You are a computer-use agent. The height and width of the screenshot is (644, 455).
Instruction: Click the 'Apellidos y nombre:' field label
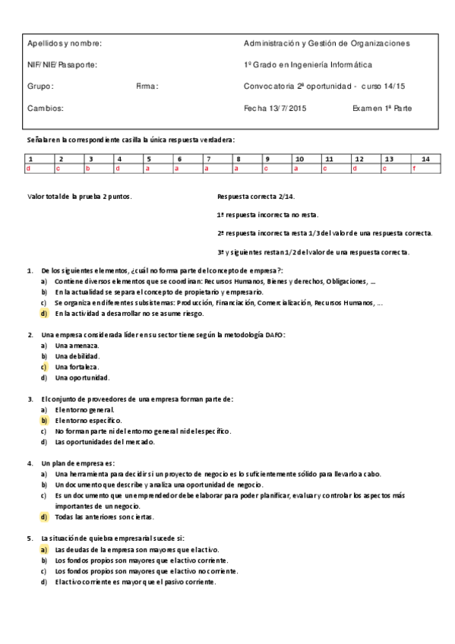click(x=65, y=43)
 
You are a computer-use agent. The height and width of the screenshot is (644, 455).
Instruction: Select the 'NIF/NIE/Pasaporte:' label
click(x=62, y=65)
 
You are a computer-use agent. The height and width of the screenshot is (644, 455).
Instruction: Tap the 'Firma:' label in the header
click(x=147, y=87)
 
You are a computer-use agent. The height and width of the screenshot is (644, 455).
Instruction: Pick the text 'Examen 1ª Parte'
click(x=382, y=109)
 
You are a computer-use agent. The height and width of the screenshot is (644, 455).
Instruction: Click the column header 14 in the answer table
click(x=425, y=159)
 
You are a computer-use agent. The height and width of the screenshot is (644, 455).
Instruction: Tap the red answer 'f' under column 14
click(x=414, y=168)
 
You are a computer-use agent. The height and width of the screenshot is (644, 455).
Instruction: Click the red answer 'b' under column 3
click(x=87, y=168)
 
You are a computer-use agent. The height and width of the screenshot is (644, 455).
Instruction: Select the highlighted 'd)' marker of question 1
click(x=45, y=313)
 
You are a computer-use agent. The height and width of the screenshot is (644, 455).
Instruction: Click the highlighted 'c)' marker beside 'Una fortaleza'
click(x=45, y=367)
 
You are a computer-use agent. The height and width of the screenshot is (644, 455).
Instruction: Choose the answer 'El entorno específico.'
click(x=88, y=420)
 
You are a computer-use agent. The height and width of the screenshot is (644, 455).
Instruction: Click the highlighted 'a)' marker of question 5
click(x=45, y=549)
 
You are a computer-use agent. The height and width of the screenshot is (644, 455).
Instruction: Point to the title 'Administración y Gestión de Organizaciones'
click(x=327, y=43)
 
